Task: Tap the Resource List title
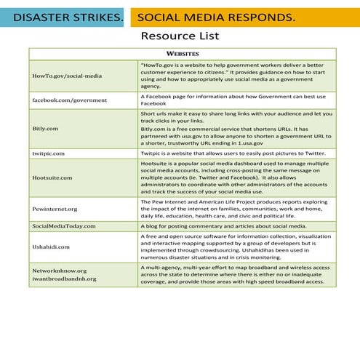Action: (179, 36)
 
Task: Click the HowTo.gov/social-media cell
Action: (67, 76)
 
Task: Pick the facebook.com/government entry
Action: (69, 99)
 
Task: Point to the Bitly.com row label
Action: (45, 128)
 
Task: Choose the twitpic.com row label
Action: (49, 153)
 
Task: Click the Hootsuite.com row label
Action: (52, 177)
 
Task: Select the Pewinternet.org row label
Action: (55, 208)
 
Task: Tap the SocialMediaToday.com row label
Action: (64, 226)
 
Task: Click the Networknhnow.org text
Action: (59, 270)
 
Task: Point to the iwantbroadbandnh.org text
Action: (64, 279)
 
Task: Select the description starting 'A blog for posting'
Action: (223, 226)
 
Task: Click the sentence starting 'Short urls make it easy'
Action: (236, 117)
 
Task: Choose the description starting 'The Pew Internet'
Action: (235, 208)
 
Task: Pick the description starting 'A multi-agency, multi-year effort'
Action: (235, 274)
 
